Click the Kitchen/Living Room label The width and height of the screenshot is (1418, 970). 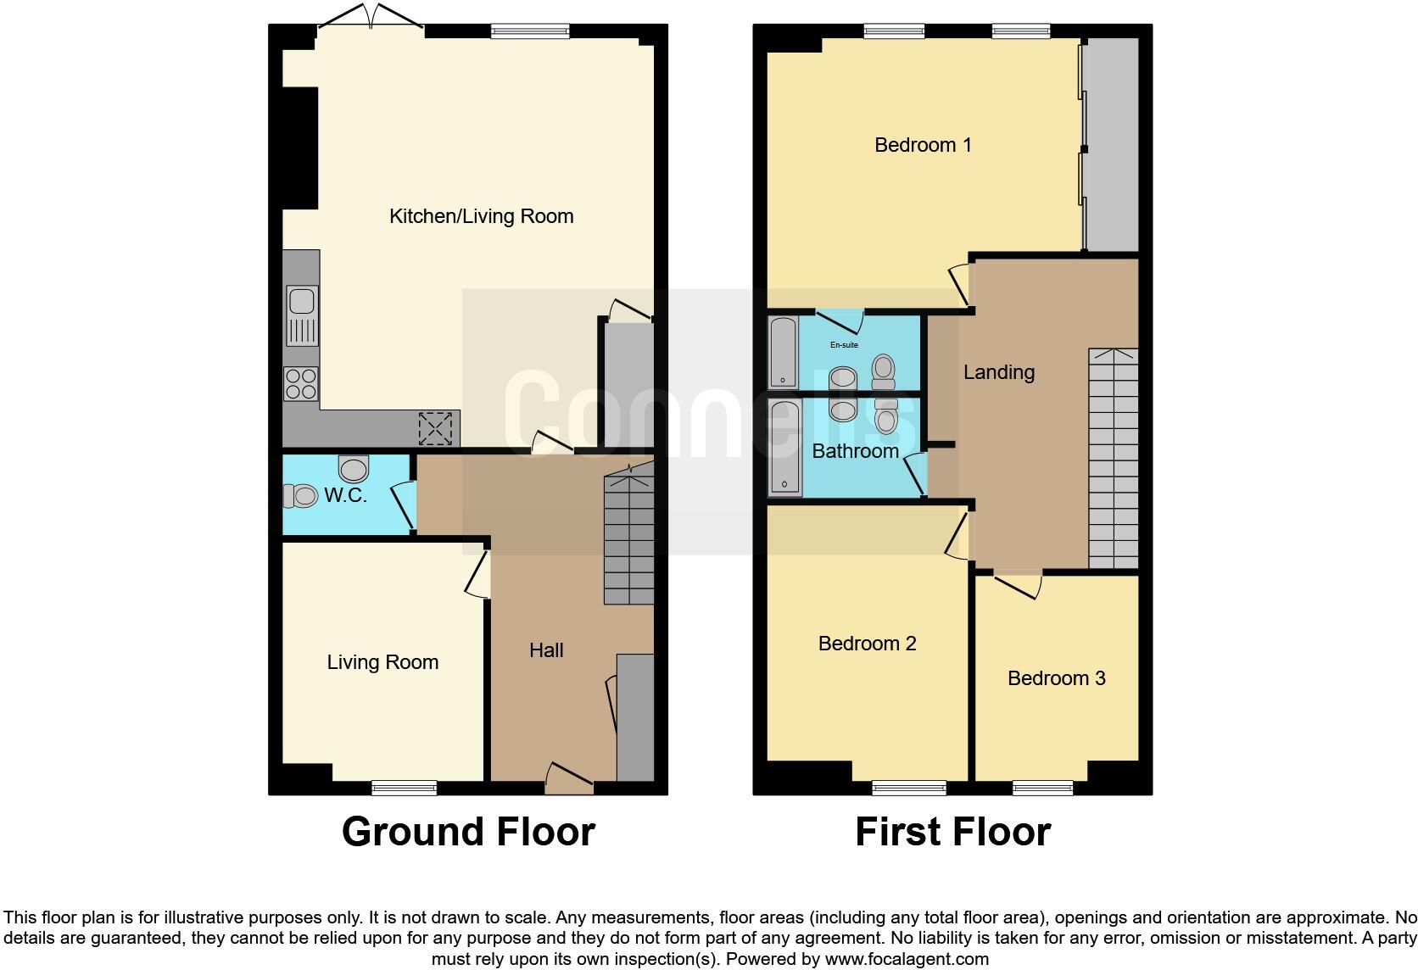tap(481, 216)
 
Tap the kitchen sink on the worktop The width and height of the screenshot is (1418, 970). tap(302, 315)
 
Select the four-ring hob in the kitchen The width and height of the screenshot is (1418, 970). tap(301, 383)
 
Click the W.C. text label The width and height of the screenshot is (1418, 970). tap(345, 495)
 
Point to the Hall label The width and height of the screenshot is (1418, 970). tap(546, 650)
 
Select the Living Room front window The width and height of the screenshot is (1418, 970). tap(405, 788)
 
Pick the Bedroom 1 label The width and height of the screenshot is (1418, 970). tap(923, 145)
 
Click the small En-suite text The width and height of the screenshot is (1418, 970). tap(844, 345)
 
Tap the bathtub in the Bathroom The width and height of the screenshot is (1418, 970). tap(784, 449)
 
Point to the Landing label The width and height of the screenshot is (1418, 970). tap(998, 372)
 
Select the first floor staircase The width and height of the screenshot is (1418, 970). tap(1113, 458)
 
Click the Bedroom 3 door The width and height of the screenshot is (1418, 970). tap(1018, 583)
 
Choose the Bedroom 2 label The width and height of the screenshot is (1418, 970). tap(867, 644)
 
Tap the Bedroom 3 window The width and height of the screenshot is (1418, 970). tap(1042, 788)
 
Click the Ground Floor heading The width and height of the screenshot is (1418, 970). tap(468, 832)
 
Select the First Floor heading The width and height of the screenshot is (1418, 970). tap(952, 832)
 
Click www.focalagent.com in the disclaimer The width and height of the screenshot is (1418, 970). tap(907, 960)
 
